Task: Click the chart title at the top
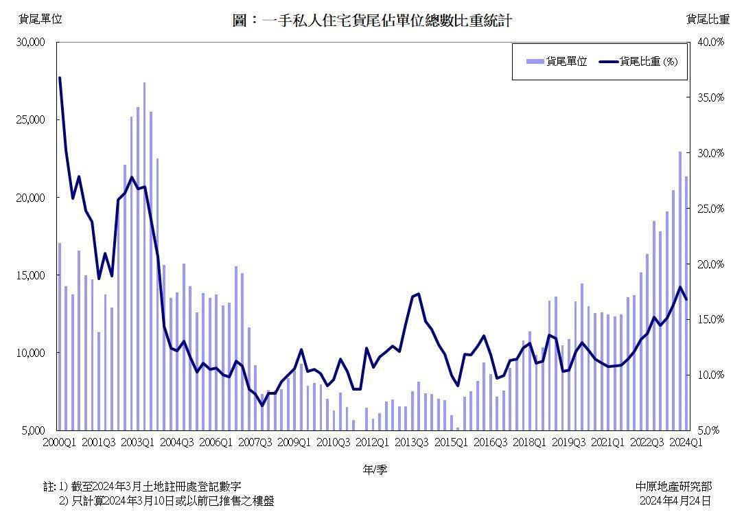pyautogui.click(x=372, y=21)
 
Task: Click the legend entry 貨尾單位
pyautogui.click(x=557, y=62)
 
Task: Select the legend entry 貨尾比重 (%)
pyautogui.click(x=638, y=62)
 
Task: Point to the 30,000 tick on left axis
pyautogui.click(x=30, y=42)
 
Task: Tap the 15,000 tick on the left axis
pyautogui.click(x=30, y=275)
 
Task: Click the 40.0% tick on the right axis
pyautogui.click(x=710, y=42)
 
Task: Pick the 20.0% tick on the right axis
pyautogui.click(x=710, y=264)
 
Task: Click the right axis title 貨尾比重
pyautogui.click(x=708, y=19)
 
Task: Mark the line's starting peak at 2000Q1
pyautogui.click(x=60, y=78)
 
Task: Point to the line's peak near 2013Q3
pyautogui.click(x=418, y=294)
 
